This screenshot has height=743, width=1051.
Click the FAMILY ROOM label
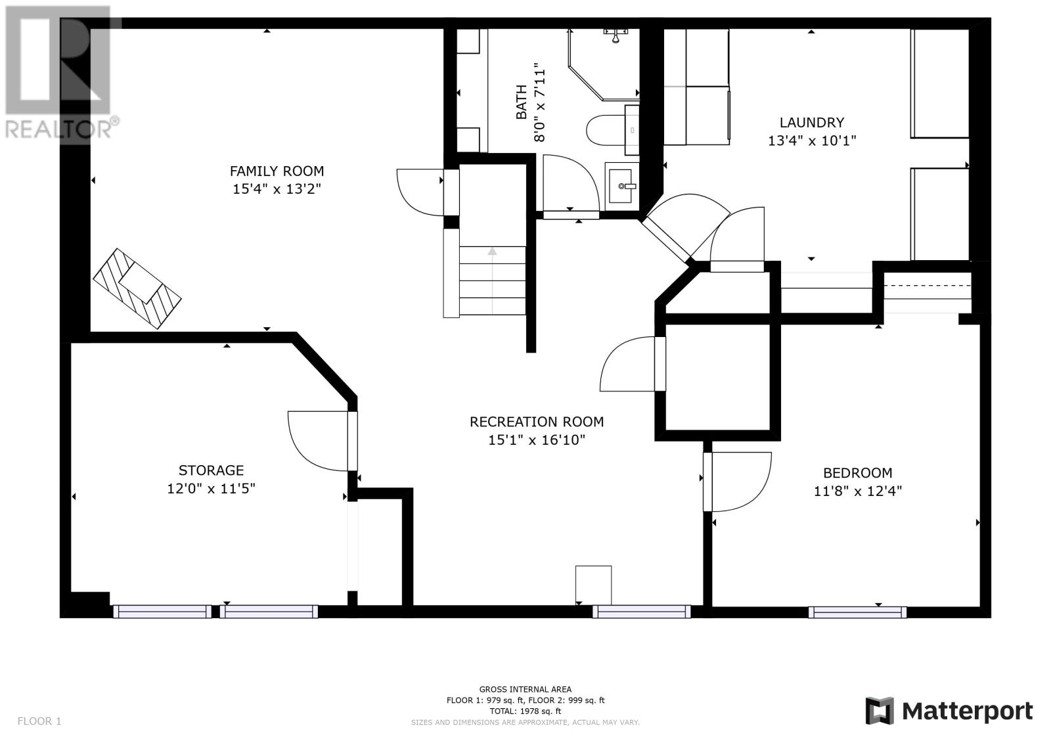click(277, 171)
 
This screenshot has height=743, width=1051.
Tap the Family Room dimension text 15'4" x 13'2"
click(277, 189)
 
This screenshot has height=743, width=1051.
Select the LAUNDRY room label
click(812, 122)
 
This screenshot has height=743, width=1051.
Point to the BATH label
click(522, 102)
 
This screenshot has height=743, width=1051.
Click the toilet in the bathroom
click(606, 130)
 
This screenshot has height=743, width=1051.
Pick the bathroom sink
click(622, 186)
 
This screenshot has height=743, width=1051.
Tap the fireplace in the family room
click(137, 288)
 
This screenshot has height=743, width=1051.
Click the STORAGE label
click(211, 470)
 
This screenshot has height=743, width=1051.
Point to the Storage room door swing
click(318, 441)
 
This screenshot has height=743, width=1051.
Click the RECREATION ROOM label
click(537, 422)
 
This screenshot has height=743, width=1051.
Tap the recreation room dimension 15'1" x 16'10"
click(537, 439)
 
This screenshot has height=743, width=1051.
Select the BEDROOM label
click(858, 472)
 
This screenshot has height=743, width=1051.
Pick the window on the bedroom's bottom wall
click(857, 612)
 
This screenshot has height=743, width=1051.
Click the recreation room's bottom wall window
click(641, 612)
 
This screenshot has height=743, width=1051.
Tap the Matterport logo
click(949, 711)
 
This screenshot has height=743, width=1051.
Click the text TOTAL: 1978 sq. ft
click(525, 711)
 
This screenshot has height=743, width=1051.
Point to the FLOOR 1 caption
click(39, 721)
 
